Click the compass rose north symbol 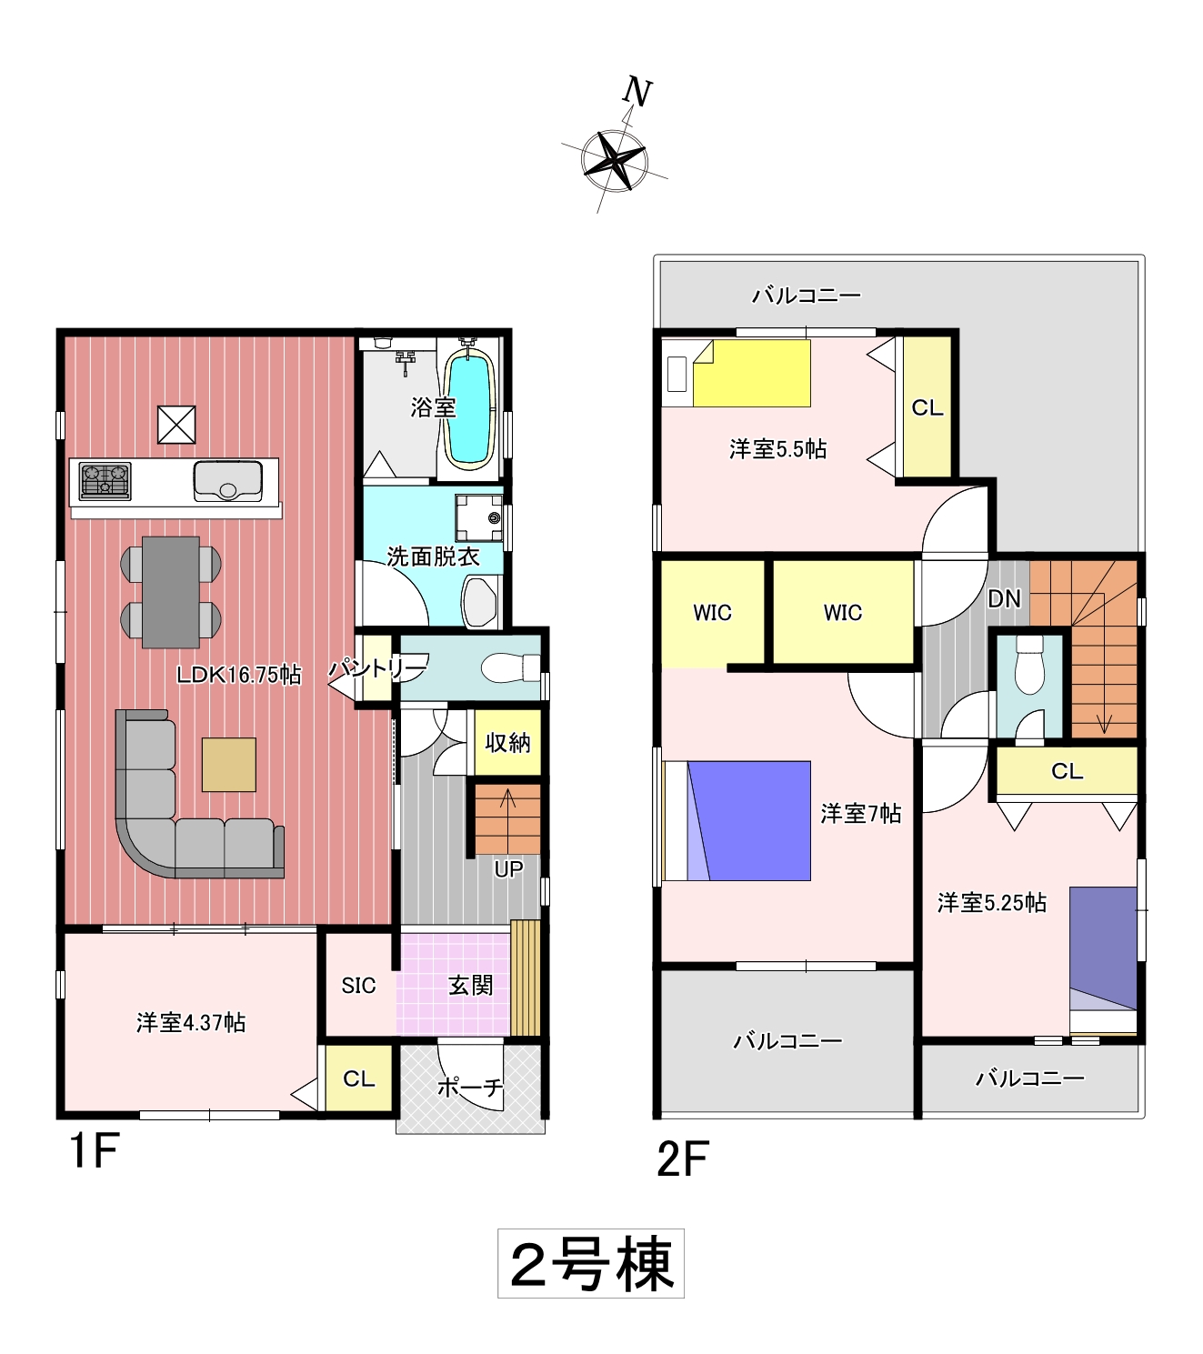pos(614,160)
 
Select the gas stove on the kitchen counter pos(105,481)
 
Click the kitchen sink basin pos(228,480)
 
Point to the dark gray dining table pos(170,592)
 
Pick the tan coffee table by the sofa pos(228,765)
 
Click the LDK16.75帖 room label pos(238,675)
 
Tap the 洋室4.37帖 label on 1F pos(191,1022)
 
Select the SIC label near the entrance pos(358,985)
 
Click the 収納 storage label pos(508,743)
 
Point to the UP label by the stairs pos(508,868)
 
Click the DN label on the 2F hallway pos(1004,599)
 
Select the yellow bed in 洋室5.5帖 pos(751,373)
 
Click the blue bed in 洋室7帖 pos(748,821)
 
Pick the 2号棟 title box pos(591,1264)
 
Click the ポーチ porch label pos(470,1088)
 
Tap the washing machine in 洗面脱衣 pos(478,518)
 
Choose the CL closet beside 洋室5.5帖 pos(927,407)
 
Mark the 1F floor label pos(95,1150)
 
